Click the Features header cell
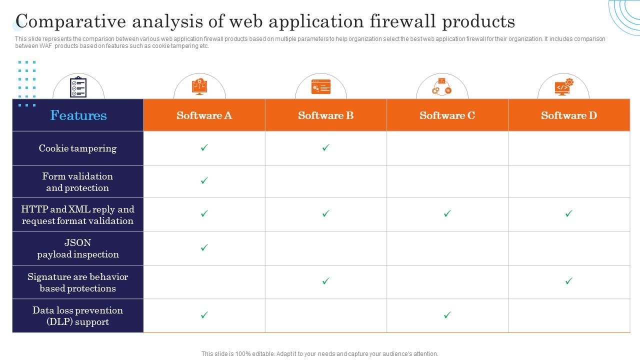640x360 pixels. (x=78, y=115)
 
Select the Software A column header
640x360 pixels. (x=204, y=115)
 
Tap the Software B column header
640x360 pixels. (x=325, y=115)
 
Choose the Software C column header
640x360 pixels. (x=447, y=115)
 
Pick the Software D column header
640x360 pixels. (x=568, y=115)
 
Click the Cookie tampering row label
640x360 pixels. (x=77, y=148)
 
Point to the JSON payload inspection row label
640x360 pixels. (x=77, y=248)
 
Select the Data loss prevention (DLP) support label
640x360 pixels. (x=77, y=316)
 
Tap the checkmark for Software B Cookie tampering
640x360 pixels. (x=326, y=147)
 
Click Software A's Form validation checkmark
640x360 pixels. (x=204, y=180)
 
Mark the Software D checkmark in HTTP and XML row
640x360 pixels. (x=568, y=213)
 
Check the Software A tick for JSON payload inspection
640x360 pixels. (x=204, y=247)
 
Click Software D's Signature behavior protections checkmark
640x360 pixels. (x=568, y=281)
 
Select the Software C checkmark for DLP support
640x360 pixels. (x=447, y=315)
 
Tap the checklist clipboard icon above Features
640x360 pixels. (x=78, y=87)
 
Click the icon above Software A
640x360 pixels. (x=199, y=86)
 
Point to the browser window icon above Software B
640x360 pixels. (x=320, y=86)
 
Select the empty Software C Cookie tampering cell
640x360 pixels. (x=447, y=148)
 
